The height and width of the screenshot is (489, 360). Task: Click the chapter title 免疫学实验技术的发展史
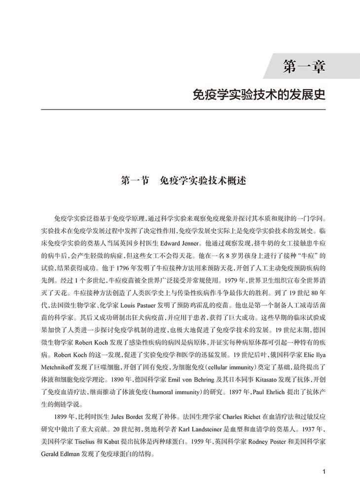point(259,94)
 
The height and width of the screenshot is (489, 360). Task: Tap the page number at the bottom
point(324,471)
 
